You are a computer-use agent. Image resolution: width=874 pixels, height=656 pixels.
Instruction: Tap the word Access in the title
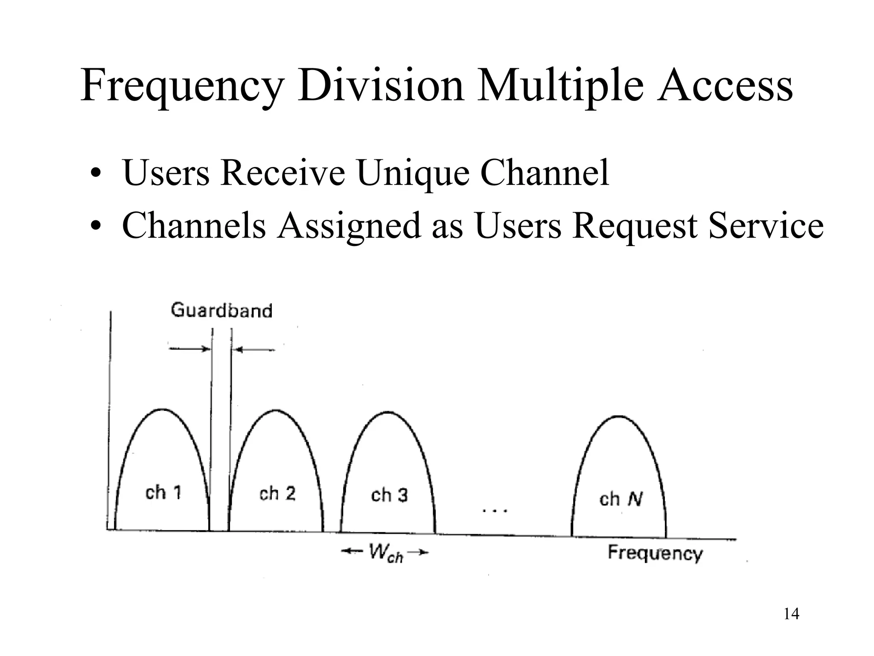[x=724, y=85]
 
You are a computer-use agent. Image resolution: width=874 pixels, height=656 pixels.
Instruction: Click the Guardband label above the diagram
[x=221, y=310]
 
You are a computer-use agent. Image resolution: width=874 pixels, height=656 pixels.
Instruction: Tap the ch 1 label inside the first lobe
[x=163, y=493]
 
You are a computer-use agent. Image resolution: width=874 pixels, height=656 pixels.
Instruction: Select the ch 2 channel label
[x=277, y=494]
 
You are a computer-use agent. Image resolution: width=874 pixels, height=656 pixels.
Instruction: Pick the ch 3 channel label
[x=389, y=495]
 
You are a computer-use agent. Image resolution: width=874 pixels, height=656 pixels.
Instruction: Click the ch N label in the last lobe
[x=621, y=499]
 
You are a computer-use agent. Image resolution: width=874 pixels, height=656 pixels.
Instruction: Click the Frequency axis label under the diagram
[x=655, y=553]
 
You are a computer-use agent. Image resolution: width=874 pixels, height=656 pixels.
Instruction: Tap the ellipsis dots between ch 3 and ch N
[x=495, y=510]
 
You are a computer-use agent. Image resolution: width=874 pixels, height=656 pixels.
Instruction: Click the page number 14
[x=791, y=614]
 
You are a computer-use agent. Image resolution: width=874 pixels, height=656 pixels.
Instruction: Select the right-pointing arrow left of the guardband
[x=189, y=349]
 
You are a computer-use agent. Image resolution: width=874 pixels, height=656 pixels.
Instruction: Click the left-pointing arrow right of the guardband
[x=255, y=350]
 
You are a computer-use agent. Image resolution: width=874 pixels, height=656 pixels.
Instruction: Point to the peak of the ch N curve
[x=619, y=416]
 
